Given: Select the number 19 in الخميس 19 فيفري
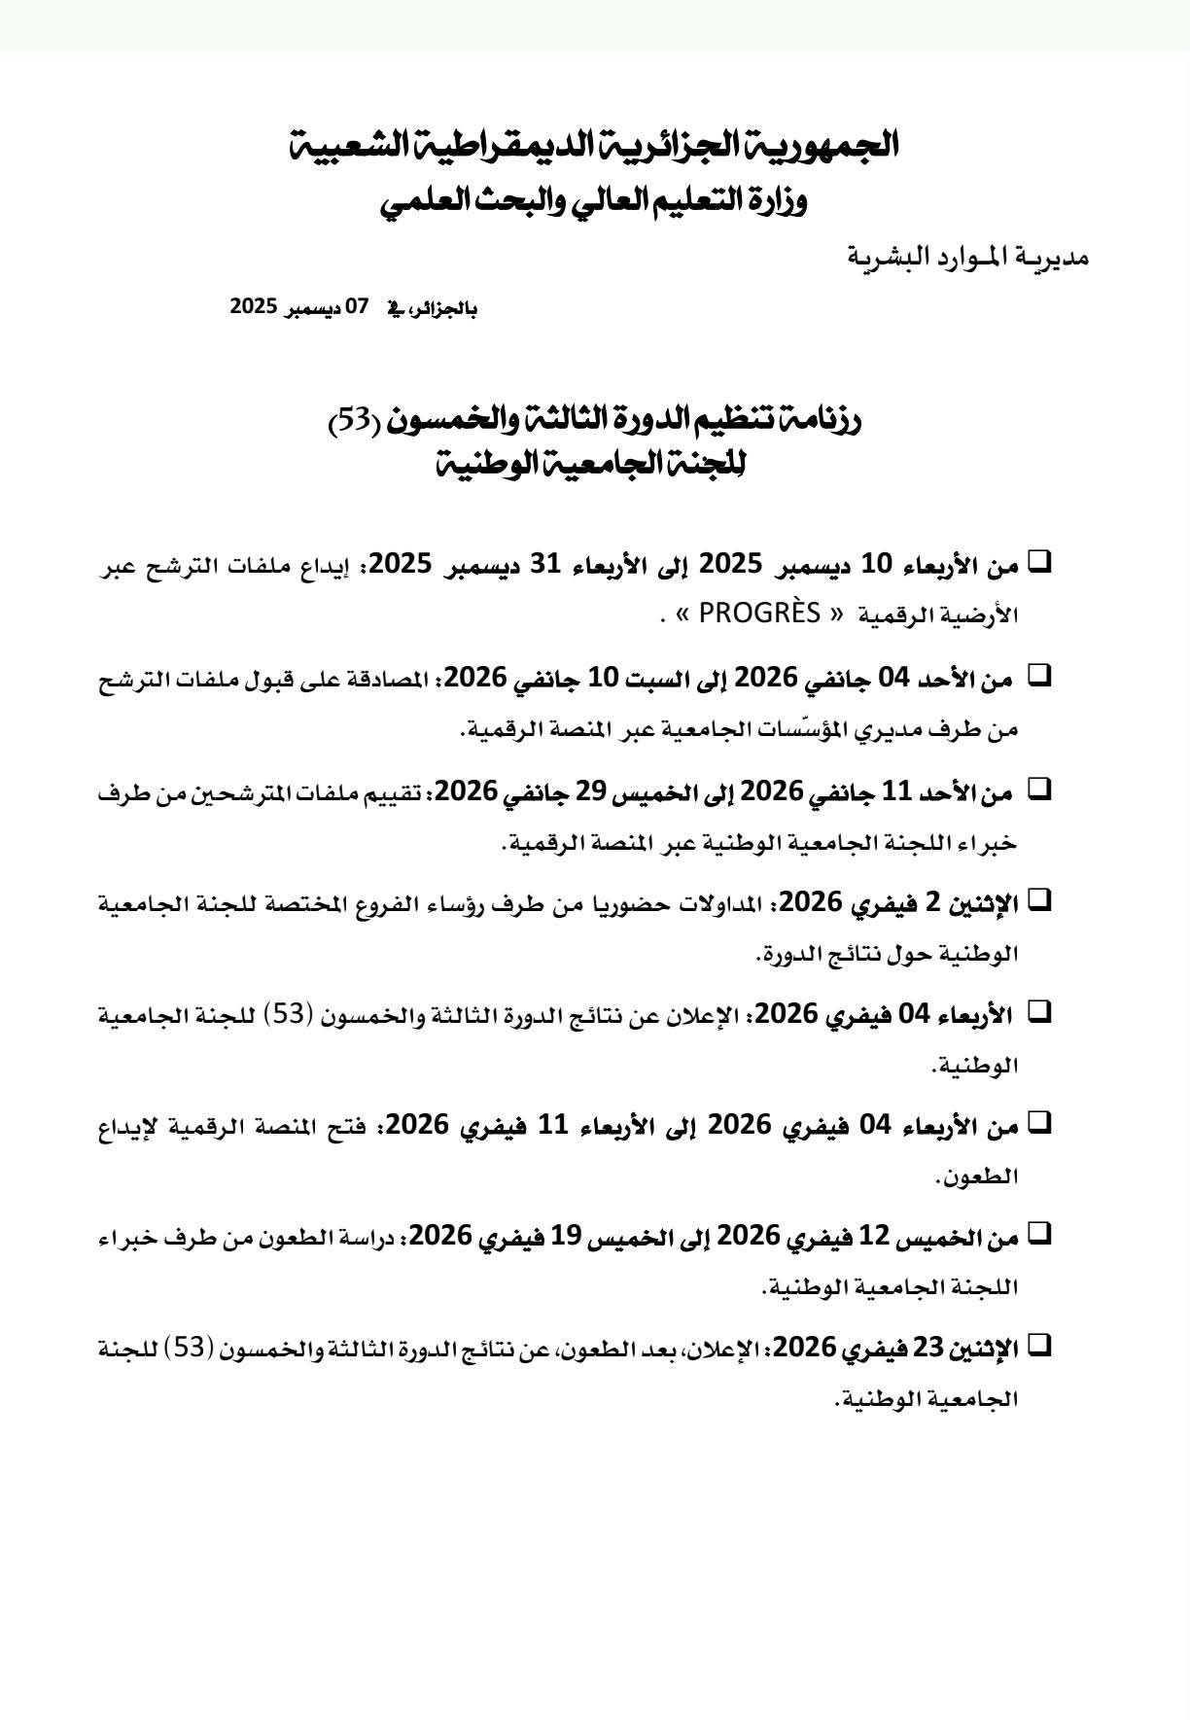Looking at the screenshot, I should click(567, 1237).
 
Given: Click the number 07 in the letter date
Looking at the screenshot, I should click(359, 306).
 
